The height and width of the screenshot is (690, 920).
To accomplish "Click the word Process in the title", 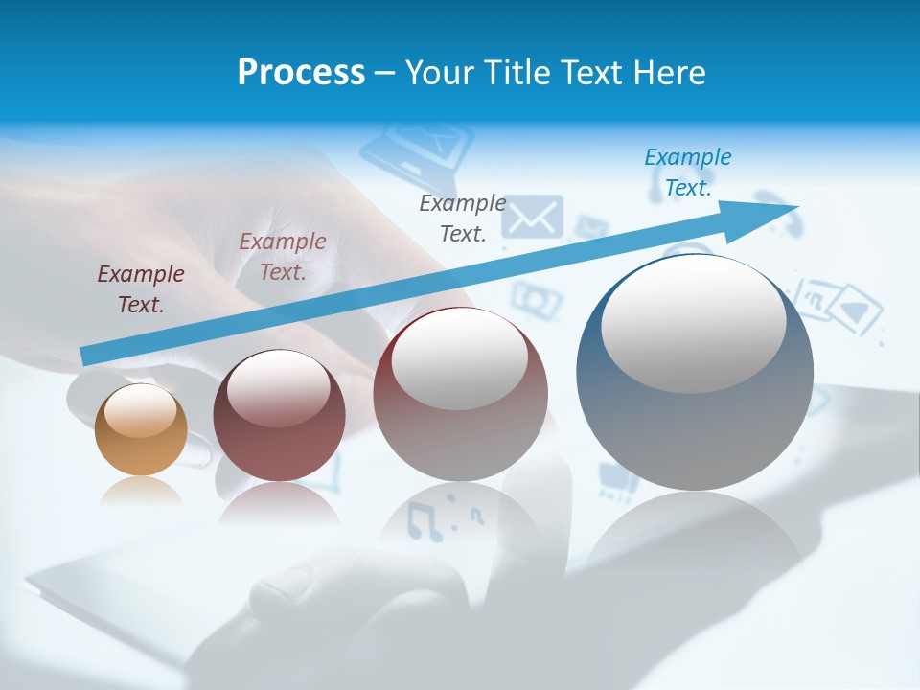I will (x=301, y=73).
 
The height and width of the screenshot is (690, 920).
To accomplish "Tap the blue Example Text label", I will (x=688, y=172).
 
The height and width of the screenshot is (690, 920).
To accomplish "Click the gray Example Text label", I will (x=463, y=218).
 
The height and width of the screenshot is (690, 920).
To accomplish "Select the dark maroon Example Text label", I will (x=141, y=289).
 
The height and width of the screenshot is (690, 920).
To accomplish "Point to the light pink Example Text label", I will (x=283, y=257).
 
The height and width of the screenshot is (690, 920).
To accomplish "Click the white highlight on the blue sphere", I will (x=693, y=324).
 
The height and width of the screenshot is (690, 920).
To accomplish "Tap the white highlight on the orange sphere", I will (x=140, y=410).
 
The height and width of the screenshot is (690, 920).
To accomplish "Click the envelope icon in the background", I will (x=532, y=218).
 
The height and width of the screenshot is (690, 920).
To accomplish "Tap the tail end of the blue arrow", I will (x=88, y=356).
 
